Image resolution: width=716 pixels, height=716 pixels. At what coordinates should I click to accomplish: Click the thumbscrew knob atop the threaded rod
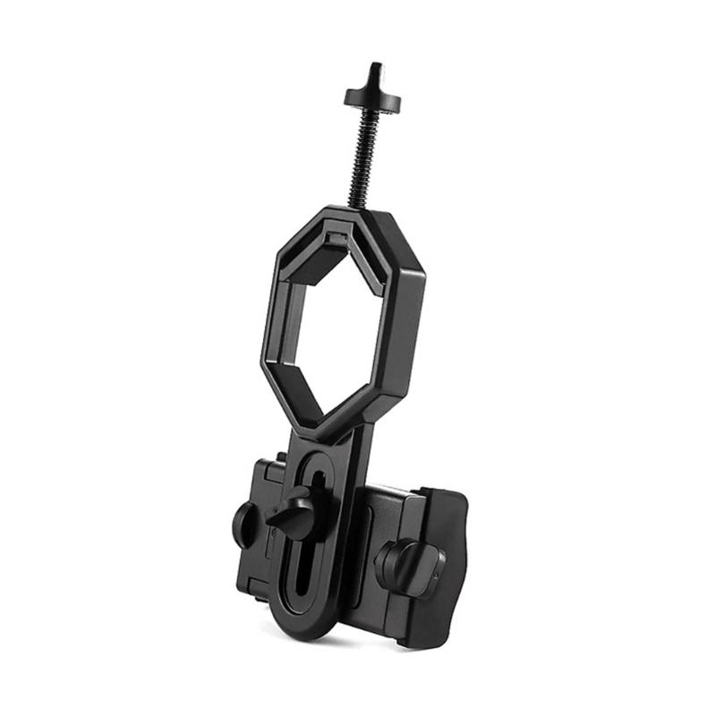click(371, 98)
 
